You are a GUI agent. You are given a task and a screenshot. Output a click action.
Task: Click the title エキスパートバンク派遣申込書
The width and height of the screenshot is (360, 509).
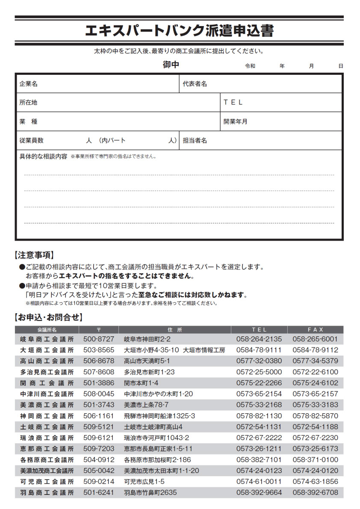pyautogui.click(x=179, y=31)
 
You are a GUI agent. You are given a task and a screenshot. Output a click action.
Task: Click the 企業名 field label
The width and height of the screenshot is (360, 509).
pyautogui.click(x=29, y=84)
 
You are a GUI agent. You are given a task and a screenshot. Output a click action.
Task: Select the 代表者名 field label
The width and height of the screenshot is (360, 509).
pyautogui.click(x=195, y=84)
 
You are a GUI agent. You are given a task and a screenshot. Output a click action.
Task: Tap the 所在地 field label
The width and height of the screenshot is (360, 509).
pyautogui.click(x=29, y=103)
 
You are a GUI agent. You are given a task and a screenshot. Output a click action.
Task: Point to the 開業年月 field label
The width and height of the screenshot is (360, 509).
pyautogui.click(x=236, y=121)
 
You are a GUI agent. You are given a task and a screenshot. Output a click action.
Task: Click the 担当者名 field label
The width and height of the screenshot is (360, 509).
pyautogui.click(x=195, y=140)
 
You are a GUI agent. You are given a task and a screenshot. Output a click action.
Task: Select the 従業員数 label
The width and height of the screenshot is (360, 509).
pyautogui.click(x=32, y=140)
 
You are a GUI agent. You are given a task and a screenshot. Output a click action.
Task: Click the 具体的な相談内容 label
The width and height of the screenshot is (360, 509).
pyautogui.click(x=44, y=156)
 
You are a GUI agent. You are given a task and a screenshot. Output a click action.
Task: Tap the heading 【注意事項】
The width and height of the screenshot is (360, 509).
pyautogui.click(x=35, y=256)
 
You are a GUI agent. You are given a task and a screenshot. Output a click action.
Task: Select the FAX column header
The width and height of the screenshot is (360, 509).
pyautogui.click(x=316, y=330)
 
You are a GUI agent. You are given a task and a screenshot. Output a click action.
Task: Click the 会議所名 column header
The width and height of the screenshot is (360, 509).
pyautogui.click(x=47, y=330)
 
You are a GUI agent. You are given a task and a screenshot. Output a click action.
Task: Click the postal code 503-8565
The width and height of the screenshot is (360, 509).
pyautogui.click(x=99, y=350)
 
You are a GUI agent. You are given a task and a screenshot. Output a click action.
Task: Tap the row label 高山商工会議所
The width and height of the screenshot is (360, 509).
pyautogui.click(x=47, y=361)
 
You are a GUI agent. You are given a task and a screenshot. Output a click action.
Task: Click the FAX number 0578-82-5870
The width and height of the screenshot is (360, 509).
pyautogui.click(x=316, y=416)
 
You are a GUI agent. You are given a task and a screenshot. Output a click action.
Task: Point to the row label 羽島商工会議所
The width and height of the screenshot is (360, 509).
pyautogui.click(x=47, y=492)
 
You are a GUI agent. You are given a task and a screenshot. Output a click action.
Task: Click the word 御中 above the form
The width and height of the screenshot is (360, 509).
pyautogui.click(x=171, y=65)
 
